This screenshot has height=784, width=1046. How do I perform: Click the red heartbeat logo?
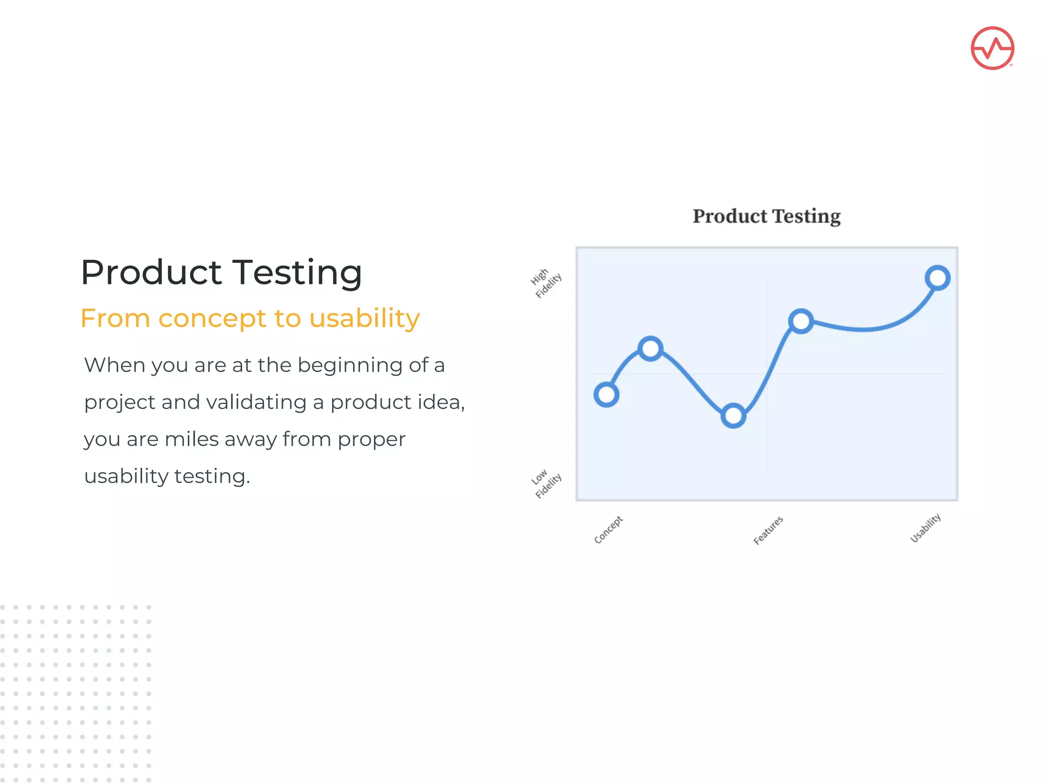tap(992, 48)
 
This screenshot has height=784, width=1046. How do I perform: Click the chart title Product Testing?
tap(766, 216)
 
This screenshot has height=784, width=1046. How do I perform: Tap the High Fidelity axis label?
tap(545, 282)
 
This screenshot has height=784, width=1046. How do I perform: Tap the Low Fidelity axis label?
tap(545, 483)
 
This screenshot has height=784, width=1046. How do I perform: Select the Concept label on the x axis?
tap(608, 529)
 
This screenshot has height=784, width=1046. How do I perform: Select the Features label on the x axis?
tap(768, 530)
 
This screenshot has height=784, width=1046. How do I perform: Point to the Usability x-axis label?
tap(925, 528)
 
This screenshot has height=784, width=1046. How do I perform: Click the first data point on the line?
tap(606, 395)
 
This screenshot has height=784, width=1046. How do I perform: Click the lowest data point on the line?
tap(733, 415)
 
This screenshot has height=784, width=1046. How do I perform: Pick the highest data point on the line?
tap(937, 278)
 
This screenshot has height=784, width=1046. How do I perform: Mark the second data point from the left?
tap(650, 349)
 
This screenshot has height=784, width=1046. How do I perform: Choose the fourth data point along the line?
tap(801, 321)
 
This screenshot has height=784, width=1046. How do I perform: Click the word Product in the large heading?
tap(151, 272)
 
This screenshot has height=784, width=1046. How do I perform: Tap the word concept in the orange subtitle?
tap(212, 318)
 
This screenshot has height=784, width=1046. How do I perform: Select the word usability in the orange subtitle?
tap(364, 318)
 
